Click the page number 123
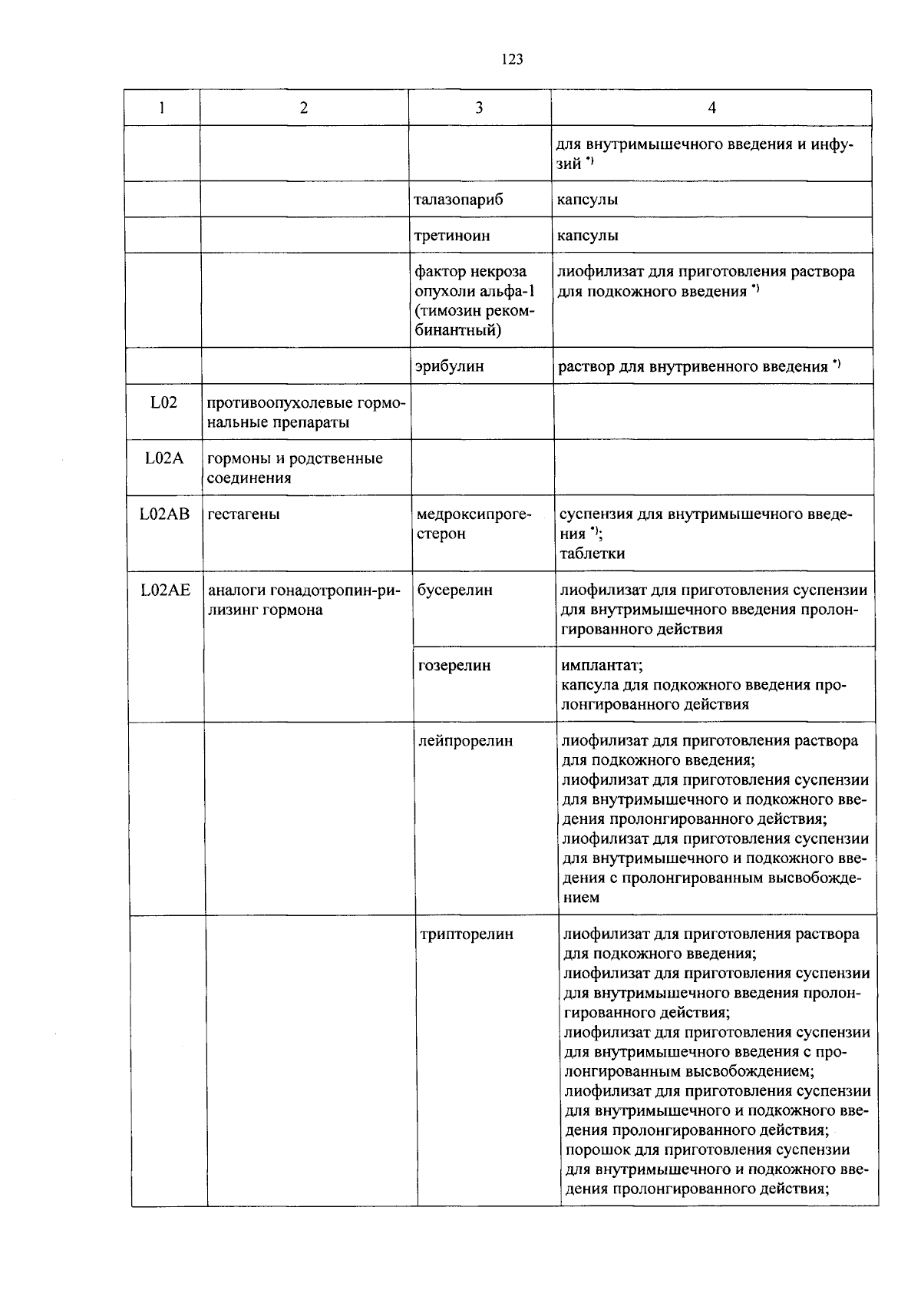512,59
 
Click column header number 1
162,108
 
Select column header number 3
479,108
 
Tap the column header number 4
711,108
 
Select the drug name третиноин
452,236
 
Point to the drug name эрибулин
450,366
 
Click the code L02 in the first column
163,402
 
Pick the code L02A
164,458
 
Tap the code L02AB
164,514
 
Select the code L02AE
165,590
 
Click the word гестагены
244,514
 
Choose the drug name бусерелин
455,590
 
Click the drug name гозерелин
454,666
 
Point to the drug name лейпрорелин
466,741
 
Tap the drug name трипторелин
467,934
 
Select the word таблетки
592,554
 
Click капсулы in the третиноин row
588,236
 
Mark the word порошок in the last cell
593,1150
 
